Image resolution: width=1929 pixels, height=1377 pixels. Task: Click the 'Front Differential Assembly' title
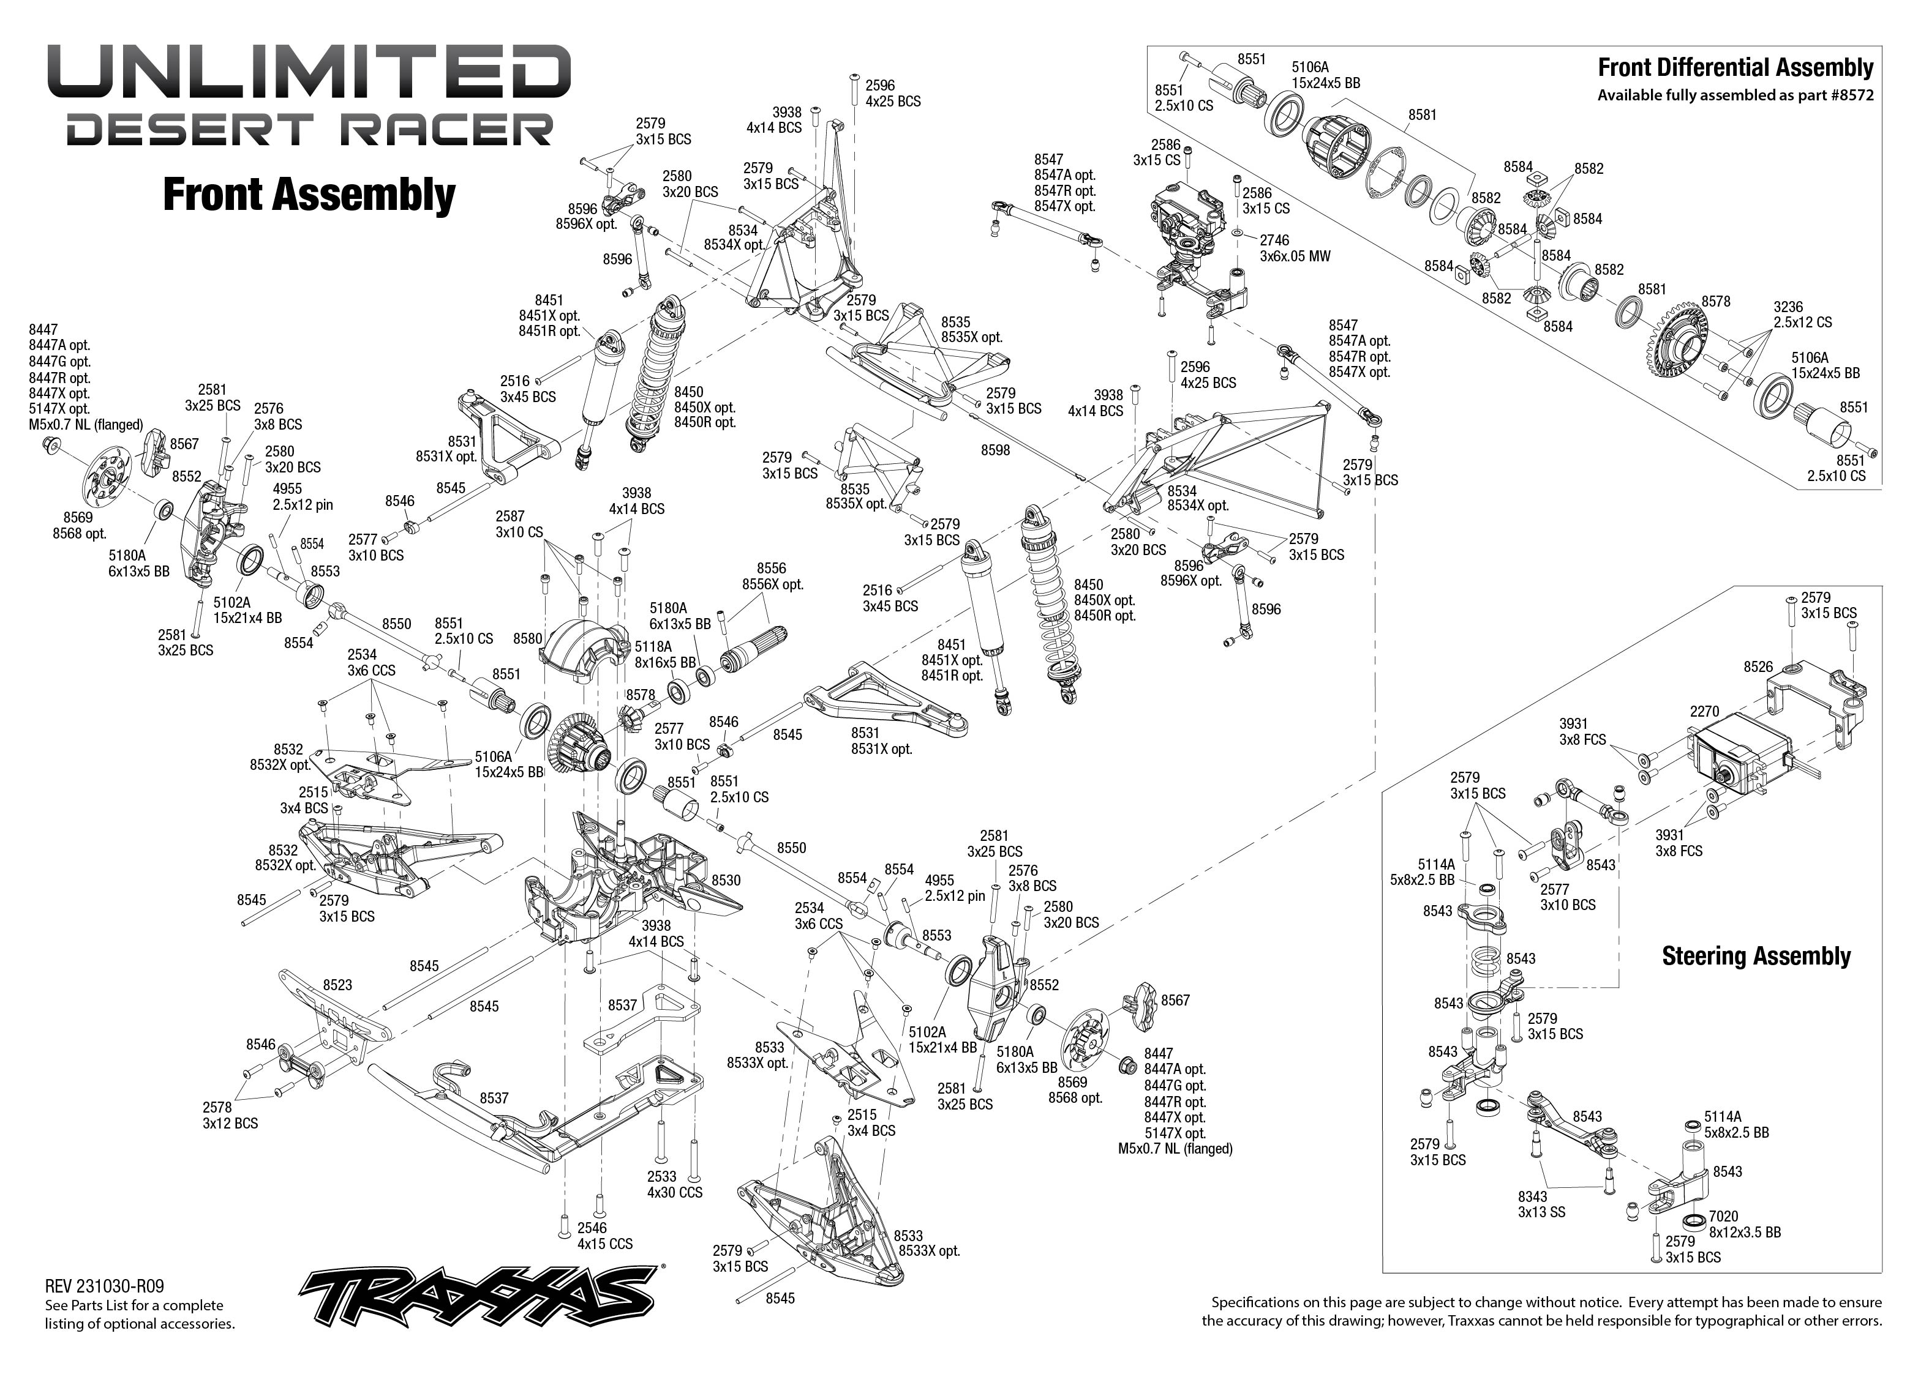point(1735,68)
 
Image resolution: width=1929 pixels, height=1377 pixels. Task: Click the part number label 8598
point(995,450)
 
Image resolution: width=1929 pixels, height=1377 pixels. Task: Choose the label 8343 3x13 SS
point(1542,1204)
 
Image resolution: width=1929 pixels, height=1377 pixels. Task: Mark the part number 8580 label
point(528,638)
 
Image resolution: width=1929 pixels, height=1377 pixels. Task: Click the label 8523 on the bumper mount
point(337,985)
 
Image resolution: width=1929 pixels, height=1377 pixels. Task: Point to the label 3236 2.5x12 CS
point(1803,315)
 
